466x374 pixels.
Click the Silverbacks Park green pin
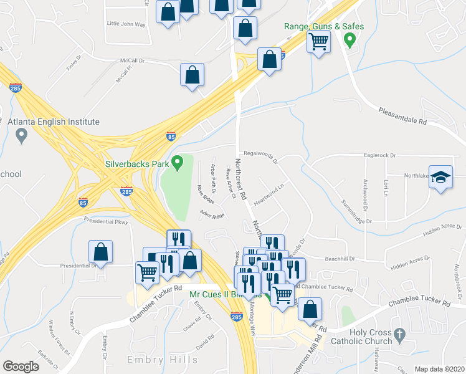178,164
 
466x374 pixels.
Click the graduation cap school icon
440,177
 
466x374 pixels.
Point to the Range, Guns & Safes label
324,26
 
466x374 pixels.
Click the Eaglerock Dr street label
379,155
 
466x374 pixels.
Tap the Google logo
21,367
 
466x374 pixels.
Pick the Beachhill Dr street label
340,258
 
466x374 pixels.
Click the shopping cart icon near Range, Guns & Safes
318,42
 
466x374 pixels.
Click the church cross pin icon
399,335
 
